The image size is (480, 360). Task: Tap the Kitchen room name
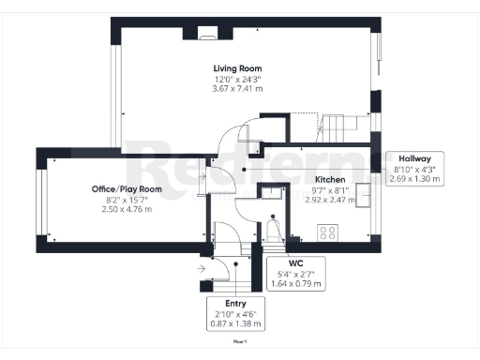point(330,179)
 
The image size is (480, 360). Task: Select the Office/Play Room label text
point(127,189)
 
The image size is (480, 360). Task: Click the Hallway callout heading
point(413,158)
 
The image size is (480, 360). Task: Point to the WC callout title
point(295,263)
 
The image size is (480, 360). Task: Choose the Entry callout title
point(235,304)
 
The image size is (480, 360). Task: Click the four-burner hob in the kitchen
point(329,232)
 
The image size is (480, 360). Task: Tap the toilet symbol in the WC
point(273,229)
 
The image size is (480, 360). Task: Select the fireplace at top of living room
point(207,35)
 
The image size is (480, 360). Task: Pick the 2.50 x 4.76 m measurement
point(127,209)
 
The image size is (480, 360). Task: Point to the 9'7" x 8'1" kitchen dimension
point(330,189)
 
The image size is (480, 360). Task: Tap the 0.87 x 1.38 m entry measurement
point(235,323)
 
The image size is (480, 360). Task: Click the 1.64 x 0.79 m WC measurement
point(295,283)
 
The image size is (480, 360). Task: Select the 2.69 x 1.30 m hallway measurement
point(413,178)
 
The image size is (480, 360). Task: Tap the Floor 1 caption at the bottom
point(240,343)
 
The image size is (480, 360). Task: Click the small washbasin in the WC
point(271,191)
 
